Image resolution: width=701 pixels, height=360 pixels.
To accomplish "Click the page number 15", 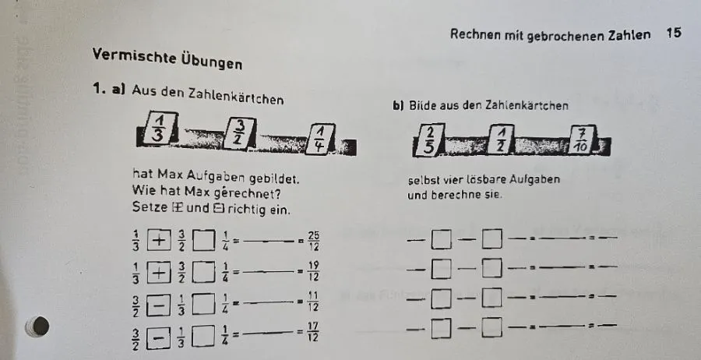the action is tap(673, 33).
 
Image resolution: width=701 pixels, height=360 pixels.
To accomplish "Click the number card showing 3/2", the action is tap(241, 132).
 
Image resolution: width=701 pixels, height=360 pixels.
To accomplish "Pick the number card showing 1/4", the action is tap(321, 139).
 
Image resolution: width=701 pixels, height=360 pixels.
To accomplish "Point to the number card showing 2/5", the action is tap(429, 140).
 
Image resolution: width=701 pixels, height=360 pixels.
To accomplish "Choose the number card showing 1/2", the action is tap(501, 139).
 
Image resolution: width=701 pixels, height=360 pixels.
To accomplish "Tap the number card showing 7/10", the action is tap(582, 139).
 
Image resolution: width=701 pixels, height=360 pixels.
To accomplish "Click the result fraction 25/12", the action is tap(313, 242).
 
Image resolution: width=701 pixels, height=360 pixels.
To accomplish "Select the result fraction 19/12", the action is tap(313, 271).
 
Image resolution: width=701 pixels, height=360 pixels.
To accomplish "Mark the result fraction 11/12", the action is tap(313, 301).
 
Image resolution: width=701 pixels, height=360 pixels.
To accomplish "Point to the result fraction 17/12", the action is tap(313, 332).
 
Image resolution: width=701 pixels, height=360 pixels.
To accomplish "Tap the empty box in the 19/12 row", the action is tap(203, 273).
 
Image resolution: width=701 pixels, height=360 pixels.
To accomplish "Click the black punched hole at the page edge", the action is tap(40, 326).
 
